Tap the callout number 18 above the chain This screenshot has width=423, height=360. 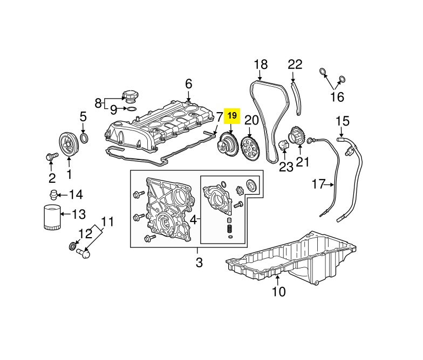261,65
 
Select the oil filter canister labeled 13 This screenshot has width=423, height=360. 52,217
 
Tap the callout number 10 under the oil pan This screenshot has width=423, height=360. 278,293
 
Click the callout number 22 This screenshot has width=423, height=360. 295,65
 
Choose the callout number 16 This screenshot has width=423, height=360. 336,97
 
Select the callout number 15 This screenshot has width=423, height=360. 343,121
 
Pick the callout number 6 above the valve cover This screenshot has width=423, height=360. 188,84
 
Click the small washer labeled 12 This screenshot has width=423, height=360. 72,246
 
